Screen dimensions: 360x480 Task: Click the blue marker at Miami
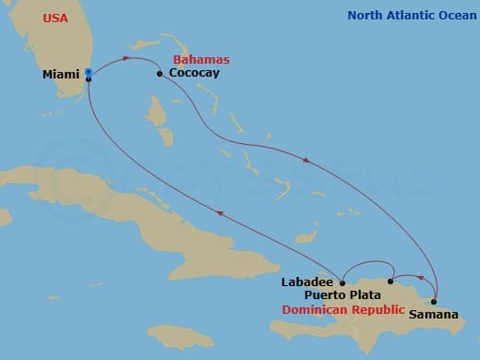click(88, 72)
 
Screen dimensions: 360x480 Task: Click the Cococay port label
click(194, 73)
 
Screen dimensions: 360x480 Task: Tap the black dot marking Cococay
click(160, 74)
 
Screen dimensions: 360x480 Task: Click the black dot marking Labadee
click(342, 283)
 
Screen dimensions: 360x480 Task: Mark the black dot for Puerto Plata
click(391, 281)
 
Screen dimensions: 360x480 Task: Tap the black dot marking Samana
click(433, 302)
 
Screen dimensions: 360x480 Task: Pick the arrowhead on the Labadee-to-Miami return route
click(220, 214)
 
